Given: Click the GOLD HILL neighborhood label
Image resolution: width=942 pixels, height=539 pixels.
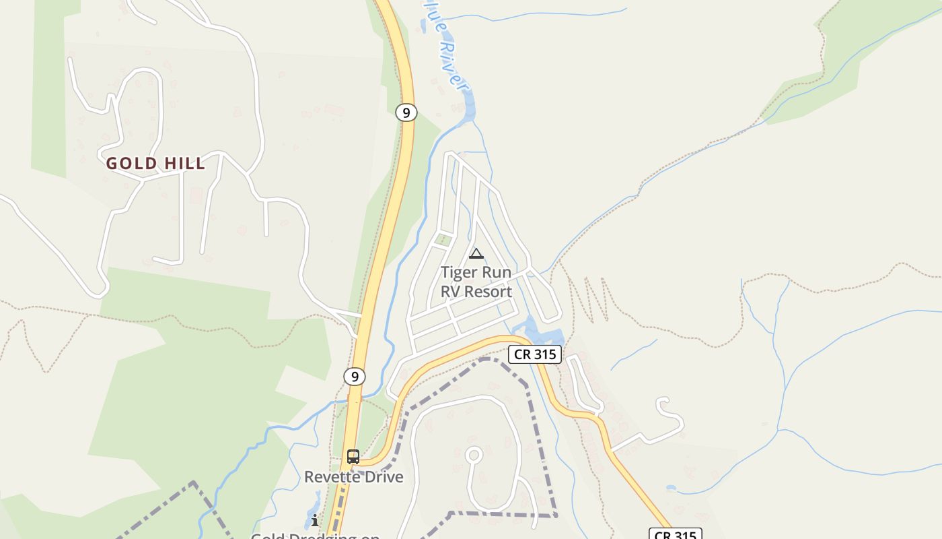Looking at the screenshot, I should click(x=155, y=163).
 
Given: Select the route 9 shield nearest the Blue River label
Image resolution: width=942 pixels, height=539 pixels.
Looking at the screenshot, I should click(x=405, y=113).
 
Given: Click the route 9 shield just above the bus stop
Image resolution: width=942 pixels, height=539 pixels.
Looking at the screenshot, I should click(x=355, y=376).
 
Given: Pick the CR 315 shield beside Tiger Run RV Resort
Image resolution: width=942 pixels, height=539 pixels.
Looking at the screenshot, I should click(x=534, y=354).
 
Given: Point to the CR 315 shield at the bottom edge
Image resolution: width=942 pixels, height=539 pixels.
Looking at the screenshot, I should click(x=675, y=534).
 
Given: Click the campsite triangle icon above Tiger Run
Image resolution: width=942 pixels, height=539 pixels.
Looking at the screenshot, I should click(x=476, y=254).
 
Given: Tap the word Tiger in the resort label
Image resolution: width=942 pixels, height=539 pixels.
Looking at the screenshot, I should click(x=458, y=273).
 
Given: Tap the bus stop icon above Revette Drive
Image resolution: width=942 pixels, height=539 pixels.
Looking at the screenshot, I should click(x=353, y=456).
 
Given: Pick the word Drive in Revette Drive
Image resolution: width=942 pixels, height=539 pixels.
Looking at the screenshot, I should click(x=381, y=477).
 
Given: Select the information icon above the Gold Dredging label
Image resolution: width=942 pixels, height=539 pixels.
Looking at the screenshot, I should click(x=314, y=520).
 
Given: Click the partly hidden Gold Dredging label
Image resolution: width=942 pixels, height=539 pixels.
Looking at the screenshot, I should click(x=315, y=536).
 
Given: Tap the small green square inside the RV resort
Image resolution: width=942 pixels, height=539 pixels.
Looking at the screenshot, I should click(x=442, y=239).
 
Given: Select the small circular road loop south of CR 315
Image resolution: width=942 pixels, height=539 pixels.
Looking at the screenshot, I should click(x=473, y=455).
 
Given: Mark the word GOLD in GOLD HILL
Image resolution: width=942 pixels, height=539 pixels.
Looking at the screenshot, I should click(x=132, y=163).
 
